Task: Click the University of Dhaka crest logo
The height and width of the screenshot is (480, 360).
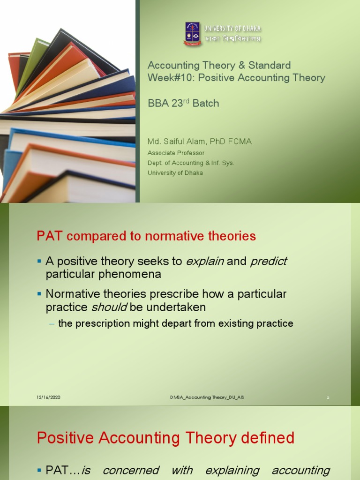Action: [x=192, y=34]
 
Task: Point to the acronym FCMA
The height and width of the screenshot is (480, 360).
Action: [x=241, y=142]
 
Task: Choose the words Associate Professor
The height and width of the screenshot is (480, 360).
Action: [x=176, y=153]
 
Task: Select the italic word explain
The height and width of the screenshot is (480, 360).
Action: [x=205, y=262]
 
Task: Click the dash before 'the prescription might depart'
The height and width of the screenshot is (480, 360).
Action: [x=52, y=323]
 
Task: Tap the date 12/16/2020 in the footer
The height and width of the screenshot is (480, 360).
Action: [x=49, y=397]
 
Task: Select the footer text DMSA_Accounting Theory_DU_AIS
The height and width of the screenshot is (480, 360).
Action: [x=207, y=397]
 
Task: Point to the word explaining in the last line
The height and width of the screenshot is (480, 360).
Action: [x=233, y=470]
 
